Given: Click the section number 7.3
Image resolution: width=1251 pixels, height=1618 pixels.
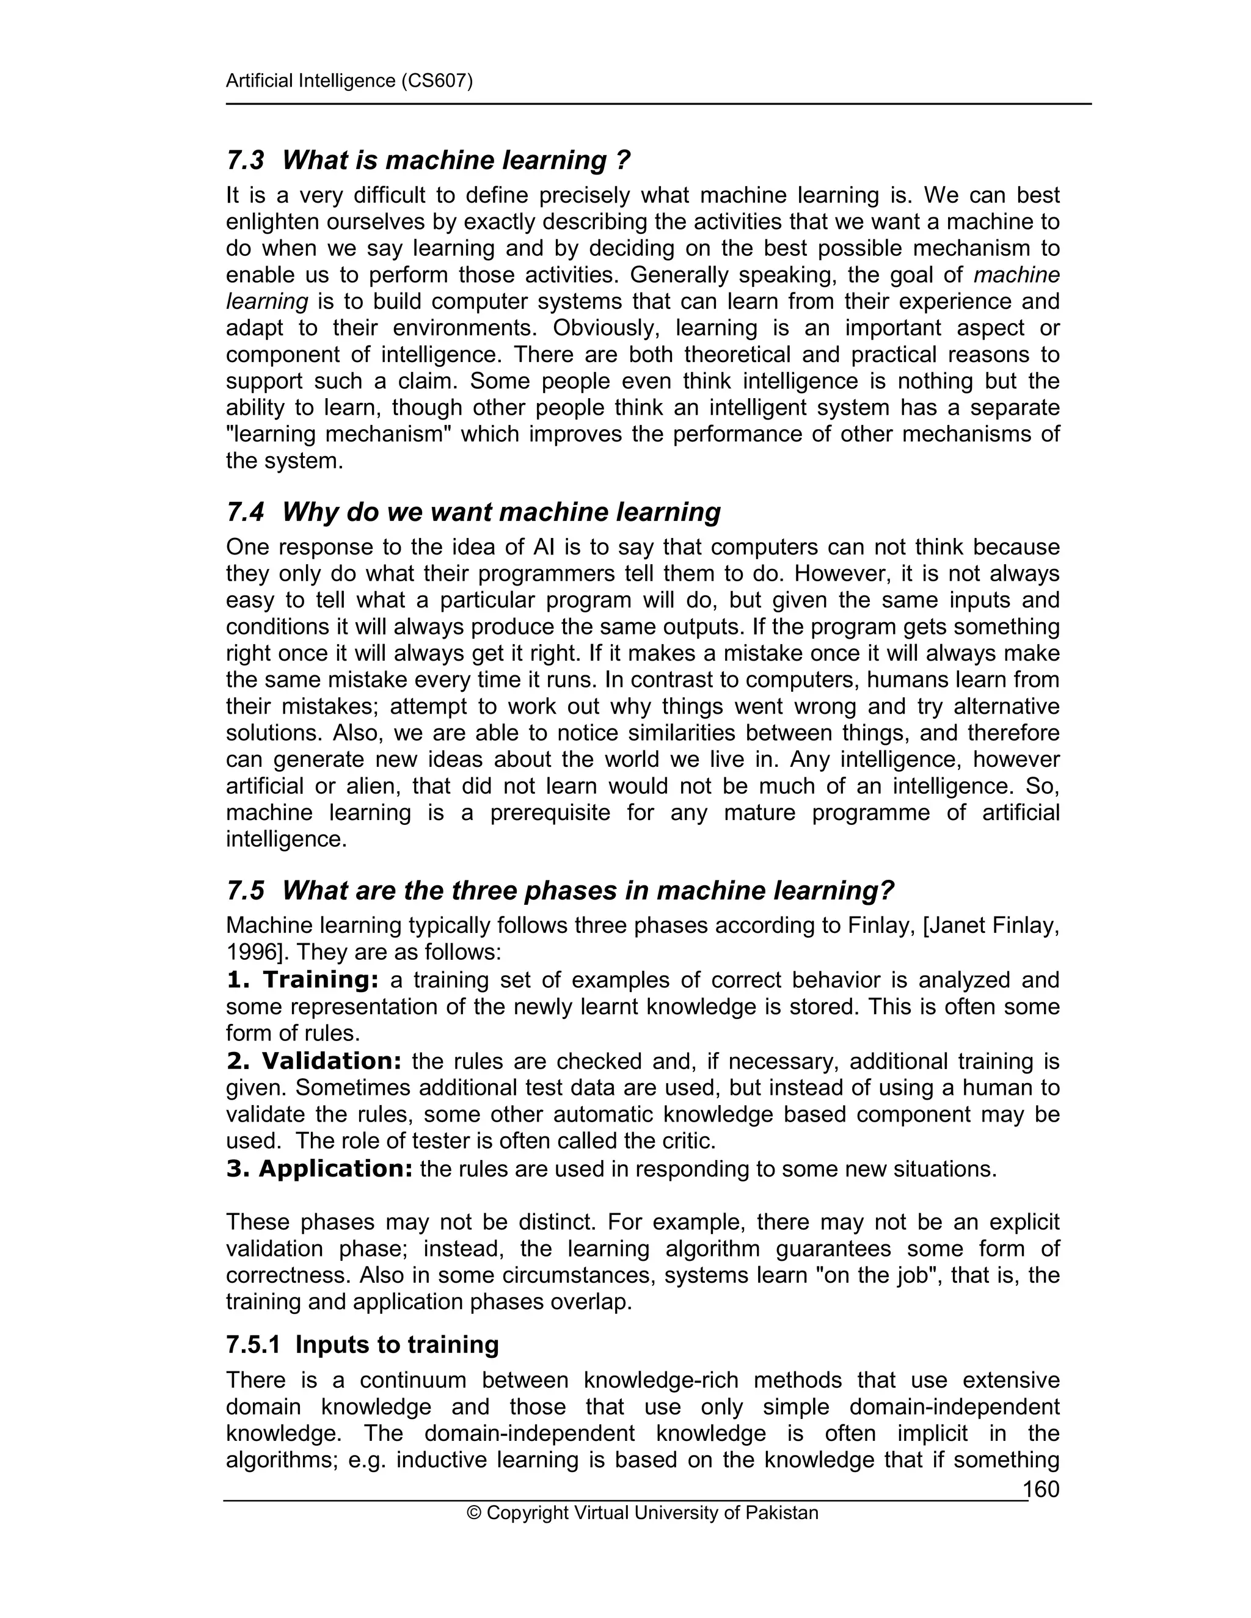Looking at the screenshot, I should coord(246,160).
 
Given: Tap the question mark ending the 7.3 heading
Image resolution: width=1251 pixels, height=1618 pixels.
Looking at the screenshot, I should coord(622,160).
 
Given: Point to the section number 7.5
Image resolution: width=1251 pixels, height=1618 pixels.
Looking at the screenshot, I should coord(246,890).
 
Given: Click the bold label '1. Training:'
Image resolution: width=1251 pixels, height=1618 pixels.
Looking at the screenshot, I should coord(302,980).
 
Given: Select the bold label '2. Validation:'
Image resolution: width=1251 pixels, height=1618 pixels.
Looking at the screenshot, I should coord(313,1061).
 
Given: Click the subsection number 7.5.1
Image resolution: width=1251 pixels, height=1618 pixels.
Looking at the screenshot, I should coord(253,1344).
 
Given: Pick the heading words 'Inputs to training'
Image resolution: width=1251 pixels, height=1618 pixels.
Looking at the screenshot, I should coord(396,1344).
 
